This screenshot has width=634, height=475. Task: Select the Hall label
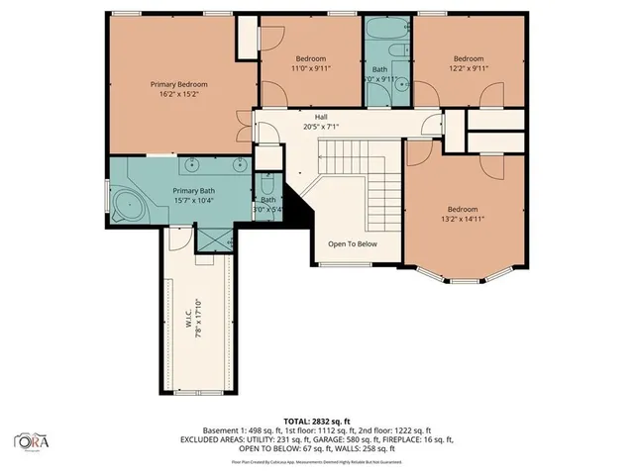(x=321, y=117)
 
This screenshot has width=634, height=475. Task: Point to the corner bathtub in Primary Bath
(x=125, y=207)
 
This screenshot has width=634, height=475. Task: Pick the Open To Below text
(x=353, y=243)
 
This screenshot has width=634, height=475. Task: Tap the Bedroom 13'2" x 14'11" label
(x=462, y=209)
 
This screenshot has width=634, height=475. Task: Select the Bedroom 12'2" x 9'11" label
(x=468, y=58)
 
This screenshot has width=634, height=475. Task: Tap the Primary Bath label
(x=193, y=191)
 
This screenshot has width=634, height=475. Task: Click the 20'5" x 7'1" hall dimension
(x=321, y=127)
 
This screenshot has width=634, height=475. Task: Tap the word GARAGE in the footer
(x=357, y=439)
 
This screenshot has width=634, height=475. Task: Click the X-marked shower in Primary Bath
(x=214, y=238)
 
